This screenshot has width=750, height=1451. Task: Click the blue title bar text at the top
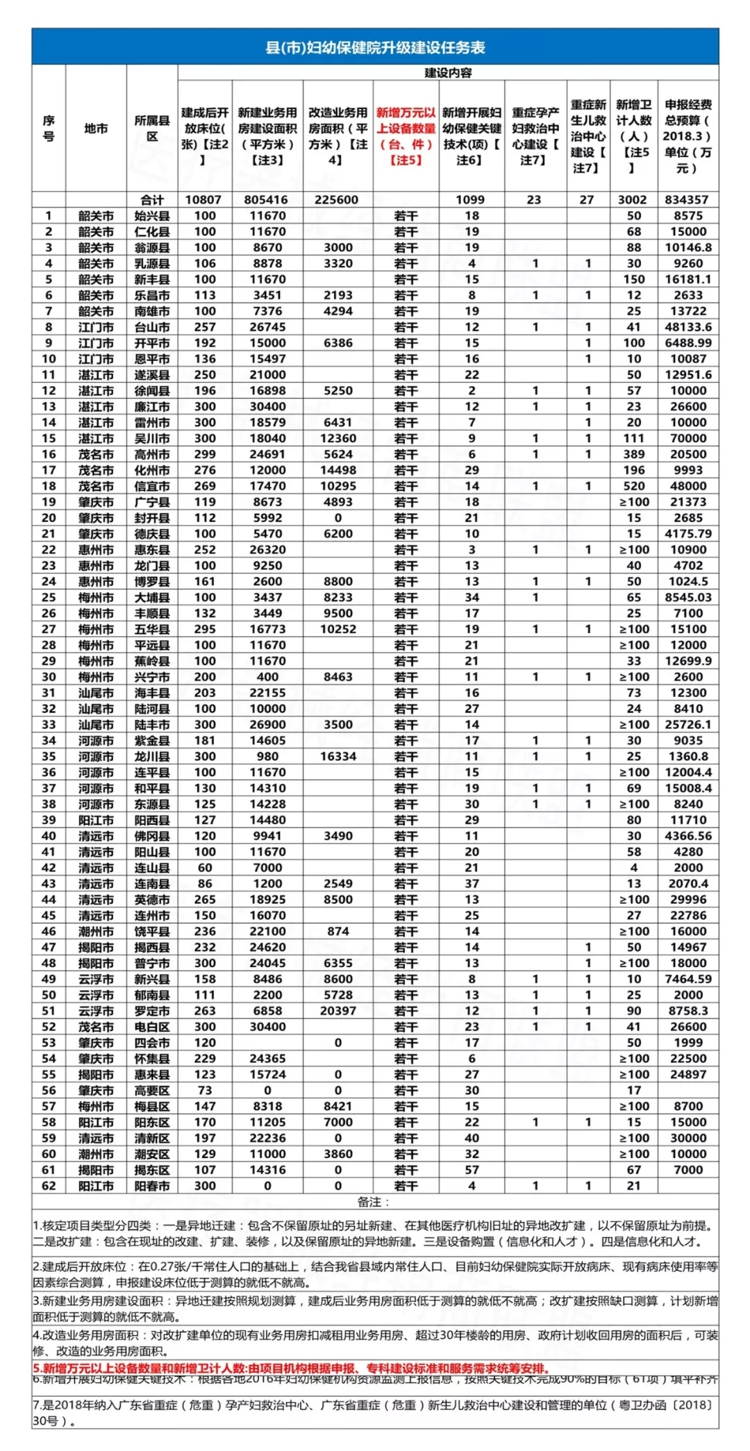pyautogui.click(x=375, y=47)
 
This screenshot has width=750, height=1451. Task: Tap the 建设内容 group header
pyautogui.click(x=448, y=73)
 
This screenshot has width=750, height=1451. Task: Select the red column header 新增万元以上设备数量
pyautogui.click(x=406, y=136)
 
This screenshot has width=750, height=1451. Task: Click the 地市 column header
pyautogui.click(x=96, y=128)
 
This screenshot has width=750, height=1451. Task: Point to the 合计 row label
pyautogui.click(x=152, y=200)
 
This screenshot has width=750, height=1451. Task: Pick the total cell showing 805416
pyautogui.click(x=267, y=200)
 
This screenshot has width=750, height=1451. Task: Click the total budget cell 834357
pyautogui.click(x=687, y=200)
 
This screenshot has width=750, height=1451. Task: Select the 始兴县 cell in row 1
pyautogui.click(x=152, y=216)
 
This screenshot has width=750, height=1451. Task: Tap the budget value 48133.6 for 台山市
pyautogui.click(x=687, y=327)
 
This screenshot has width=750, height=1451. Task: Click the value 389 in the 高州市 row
pyautogui.click(x=633, y=454)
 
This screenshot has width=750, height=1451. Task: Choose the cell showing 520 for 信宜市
pyautogui.click(x=633, y=486)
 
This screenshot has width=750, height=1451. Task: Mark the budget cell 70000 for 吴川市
pyautogui.click(x=687, y=438)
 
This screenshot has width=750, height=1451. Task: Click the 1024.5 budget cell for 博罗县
pyautogui.click(x=687, y=581)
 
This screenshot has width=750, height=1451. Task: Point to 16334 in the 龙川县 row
pyautogui.click(x=337, y=756)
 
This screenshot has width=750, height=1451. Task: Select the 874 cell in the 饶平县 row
pyautogui.click(x=337, y=931)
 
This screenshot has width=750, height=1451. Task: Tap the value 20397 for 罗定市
pyautogui.click(x=337, y=1011)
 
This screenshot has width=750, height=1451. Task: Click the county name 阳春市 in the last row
pyautogui.click(x=152, y=1186)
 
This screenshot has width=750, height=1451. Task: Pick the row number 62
pyautogui.click(x=49, y=1186)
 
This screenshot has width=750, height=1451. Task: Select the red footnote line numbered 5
pyautogui.click(x=292, y=1368)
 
